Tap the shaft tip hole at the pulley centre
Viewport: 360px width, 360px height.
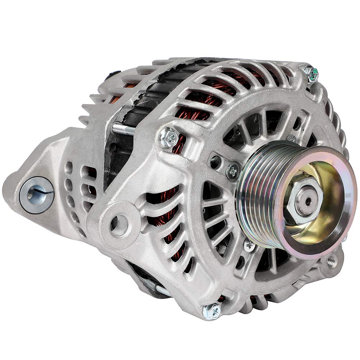click(x=308, y=201)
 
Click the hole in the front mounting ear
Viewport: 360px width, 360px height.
click(x=119, y=220)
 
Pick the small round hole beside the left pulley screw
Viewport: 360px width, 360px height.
click(x=216, y=162)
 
